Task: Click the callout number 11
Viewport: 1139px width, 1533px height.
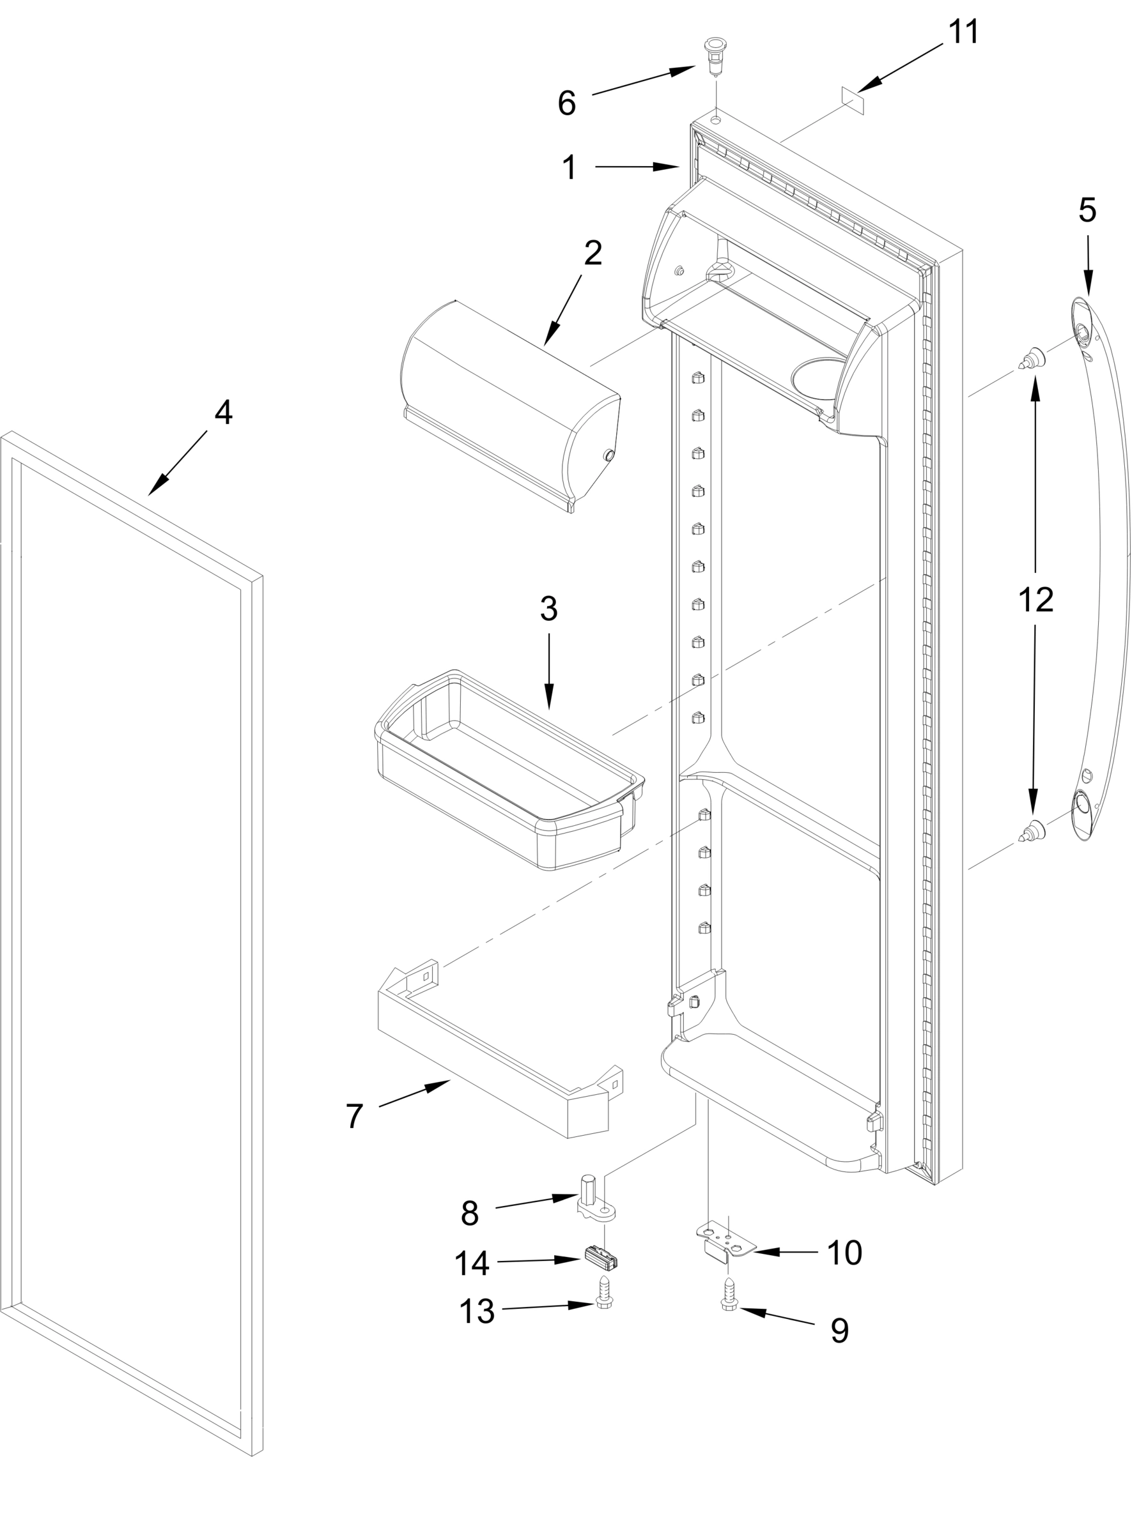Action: coord(963,33)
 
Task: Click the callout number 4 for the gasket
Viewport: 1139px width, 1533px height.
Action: coord(222,413)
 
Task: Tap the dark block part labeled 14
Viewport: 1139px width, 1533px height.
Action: coord(601,1256)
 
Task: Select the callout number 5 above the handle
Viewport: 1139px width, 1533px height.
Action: coord(1087,210)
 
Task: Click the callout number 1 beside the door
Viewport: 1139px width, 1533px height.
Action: coord(569,167)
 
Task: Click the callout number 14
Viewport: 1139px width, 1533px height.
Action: coord(472,1263)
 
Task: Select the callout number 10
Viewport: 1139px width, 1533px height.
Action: coord(844,1252)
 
